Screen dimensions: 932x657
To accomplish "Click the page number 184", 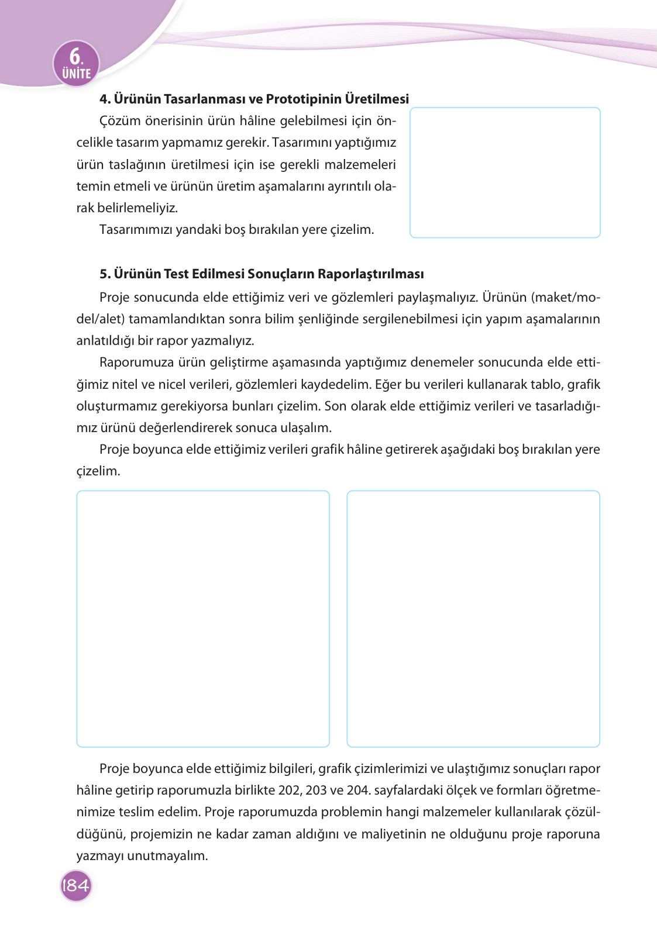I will pos(75,885).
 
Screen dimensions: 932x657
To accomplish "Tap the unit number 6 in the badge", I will pos(75,56).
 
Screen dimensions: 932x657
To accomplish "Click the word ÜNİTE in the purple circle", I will pos(77,74).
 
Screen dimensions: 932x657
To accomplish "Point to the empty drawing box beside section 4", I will pos(505,172).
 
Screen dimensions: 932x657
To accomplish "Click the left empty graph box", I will pos(203,619).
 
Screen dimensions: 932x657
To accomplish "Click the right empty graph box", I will pos(473,619).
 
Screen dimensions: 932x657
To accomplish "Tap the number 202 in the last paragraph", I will pos(290,791).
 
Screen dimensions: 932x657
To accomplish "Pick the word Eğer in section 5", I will pos(388,385).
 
